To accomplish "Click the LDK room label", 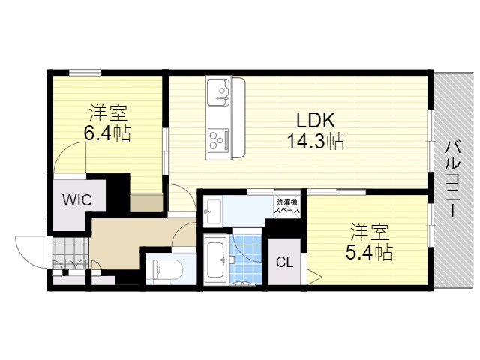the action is tap(316, 120).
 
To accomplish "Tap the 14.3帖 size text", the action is tap(316, 142).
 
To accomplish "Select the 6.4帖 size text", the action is tap(107, 133).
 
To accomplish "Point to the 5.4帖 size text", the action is tap(369, 253).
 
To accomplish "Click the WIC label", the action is tap(76, 200).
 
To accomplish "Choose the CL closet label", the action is tap(285, 262).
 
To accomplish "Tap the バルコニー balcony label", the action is tap(452, 179).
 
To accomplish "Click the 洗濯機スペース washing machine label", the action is tap(287, 206).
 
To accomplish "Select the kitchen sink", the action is tap(218, 91).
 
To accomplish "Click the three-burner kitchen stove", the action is tap(218, 140).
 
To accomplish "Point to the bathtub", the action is tap(216, 259).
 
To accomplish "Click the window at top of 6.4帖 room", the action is tap(85, 73).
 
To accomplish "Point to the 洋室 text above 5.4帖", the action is tap(370, 232).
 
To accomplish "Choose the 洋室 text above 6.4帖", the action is tap(108, 112).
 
